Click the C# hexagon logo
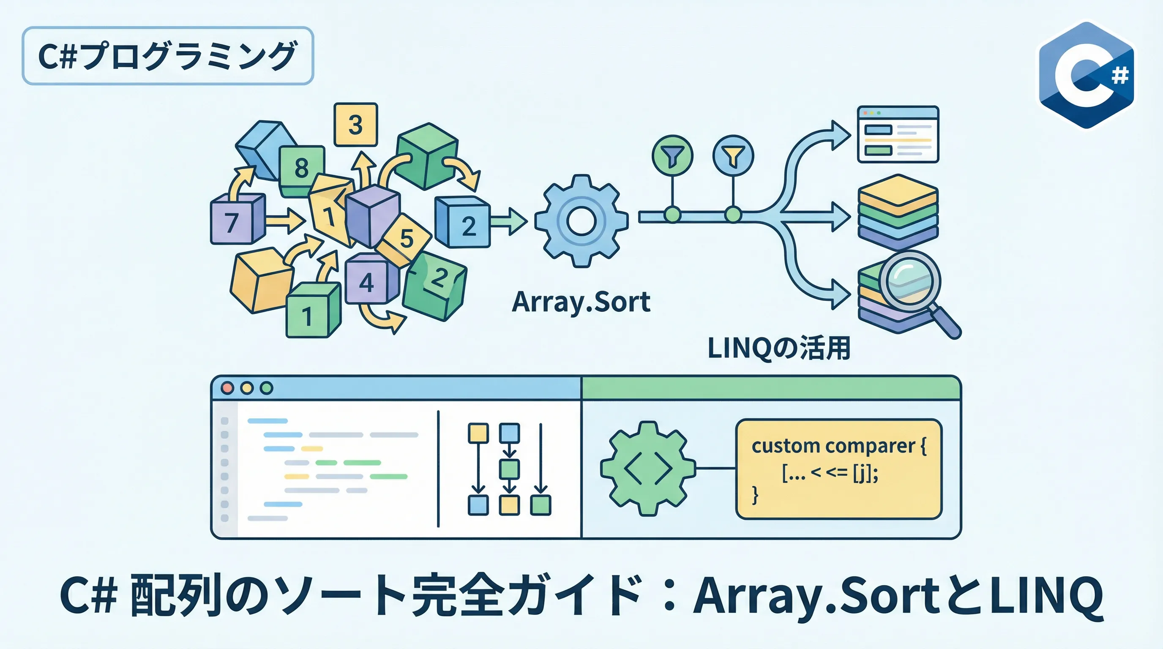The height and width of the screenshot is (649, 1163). pyautogui.click(x=1086, y=75)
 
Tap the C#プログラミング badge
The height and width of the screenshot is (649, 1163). pyautogui.click(x=167, y=56)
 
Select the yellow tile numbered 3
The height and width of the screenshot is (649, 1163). pyautogui.click(x=356, y=125)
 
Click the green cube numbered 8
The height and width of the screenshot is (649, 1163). pyautogui.click(x=302, y=169)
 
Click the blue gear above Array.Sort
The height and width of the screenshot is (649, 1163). pyautogui.click(x=581, y=221)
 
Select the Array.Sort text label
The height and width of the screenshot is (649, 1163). pyautogui.click(x=581, y=302)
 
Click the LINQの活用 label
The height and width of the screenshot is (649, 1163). pyautogui.click(x=779, y=349)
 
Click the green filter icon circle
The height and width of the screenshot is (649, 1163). pyautogui.click(x=672, y=156)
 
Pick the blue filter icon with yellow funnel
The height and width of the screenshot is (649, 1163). pyautogui.click(x=733, y=156)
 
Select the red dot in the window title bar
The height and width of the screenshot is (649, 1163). pyautogui.click(x=227, y=388)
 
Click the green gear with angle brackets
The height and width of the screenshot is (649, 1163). pyautogui.click(x=648, y=469)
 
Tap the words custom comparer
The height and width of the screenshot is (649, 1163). pyautogui.click(x=833, y=446)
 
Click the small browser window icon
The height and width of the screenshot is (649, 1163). pyautogui.click(x=898, y=134)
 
